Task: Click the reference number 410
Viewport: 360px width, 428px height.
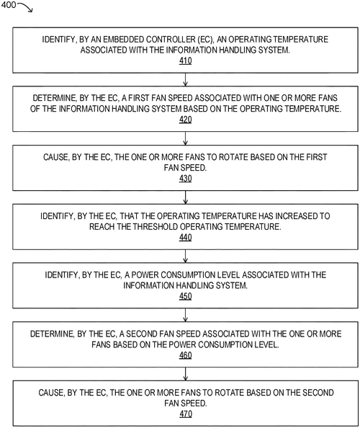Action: point(186,61)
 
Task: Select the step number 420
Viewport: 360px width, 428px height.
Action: point(186,120)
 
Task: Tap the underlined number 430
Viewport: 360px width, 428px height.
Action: point(186,178)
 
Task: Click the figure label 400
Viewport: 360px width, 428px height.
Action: point(10,6)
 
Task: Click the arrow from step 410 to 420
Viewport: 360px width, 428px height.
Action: point(186,80)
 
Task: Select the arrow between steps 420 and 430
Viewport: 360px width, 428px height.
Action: point(186,138)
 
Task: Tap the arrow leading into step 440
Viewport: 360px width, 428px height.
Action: point(186,196)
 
